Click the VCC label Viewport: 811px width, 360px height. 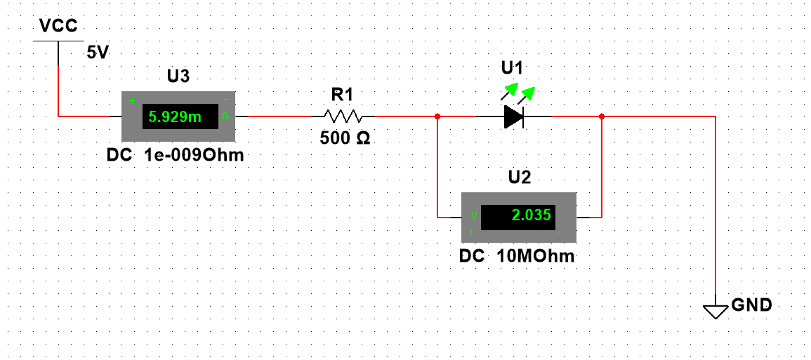coord(58,27)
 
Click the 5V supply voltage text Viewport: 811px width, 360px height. coord(98,53)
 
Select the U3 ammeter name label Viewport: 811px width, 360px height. coord(178,76)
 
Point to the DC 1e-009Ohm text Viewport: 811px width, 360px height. coord(175,156)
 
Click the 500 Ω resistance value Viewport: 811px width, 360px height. coord(345,138)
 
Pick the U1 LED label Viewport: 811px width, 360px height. coord(512,68)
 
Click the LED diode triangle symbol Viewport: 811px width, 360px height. coord(514,116)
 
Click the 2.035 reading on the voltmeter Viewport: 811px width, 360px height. coord(532,215)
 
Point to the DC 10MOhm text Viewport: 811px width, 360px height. coord(517,257)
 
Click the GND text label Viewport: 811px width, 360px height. coord(752,305)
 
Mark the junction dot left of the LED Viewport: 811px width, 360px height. coord(437,116)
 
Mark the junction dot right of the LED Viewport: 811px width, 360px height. coord(602,116)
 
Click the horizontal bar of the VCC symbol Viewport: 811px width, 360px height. coord(58,41)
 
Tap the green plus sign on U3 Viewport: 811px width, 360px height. coord(131,100)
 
